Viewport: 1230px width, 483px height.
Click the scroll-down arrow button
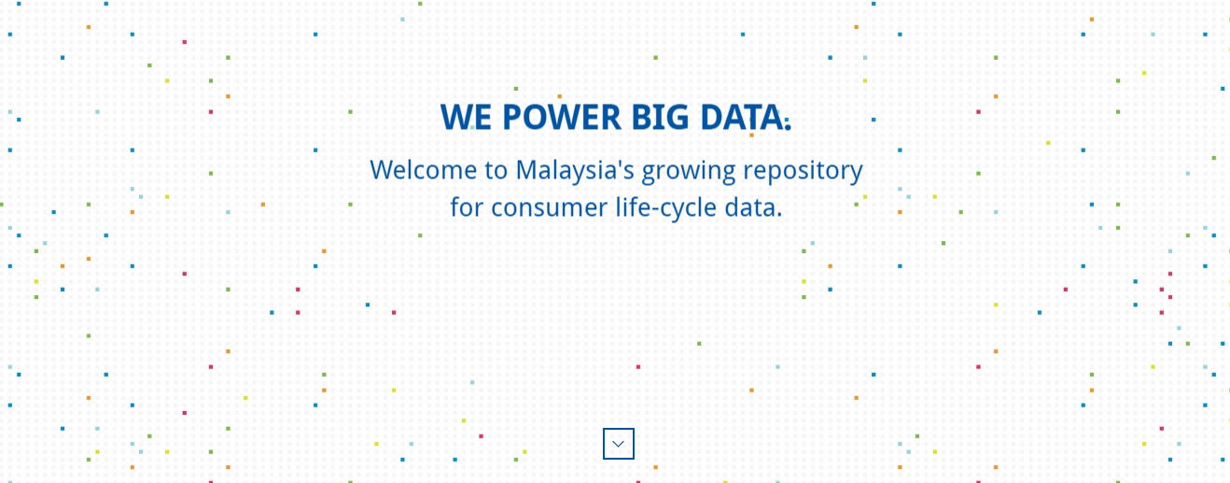(619, 444)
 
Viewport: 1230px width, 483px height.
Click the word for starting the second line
(468, 207)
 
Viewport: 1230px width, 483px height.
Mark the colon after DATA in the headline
(788, 123)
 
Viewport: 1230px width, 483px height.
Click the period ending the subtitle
(779, 216)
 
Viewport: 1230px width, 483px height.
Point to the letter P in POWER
(513, 117)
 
